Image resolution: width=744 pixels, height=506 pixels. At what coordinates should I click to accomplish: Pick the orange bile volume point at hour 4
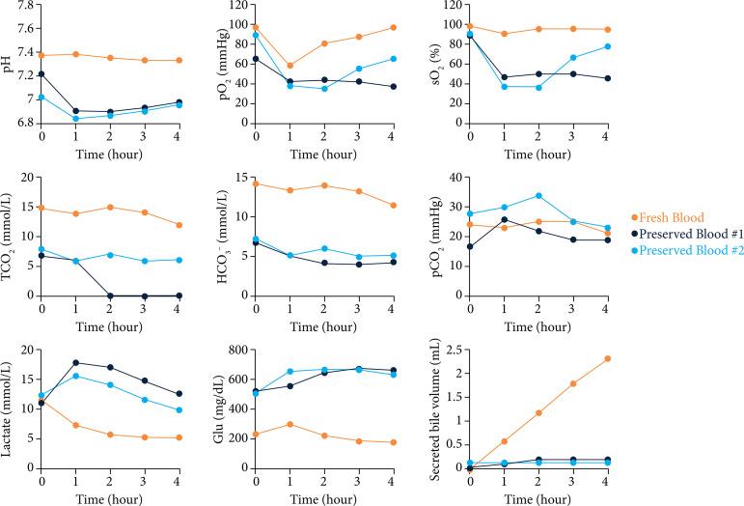coord(606,358)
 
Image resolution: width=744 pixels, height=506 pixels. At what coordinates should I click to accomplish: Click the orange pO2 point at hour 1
coord(289,66)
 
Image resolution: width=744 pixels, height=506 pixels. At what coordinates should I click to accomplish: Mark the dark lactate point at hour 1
coord(75,363)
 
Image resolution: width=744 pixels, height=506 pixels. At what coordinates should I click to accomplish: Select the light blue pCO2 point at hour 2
coord(537,196)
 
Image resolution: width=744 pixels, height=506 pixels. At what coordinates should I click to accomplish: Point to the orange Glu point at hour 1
coord(289,424)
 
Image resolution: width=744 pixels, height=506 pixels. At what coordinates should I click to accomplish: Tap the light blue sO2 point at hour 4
coord(606,46)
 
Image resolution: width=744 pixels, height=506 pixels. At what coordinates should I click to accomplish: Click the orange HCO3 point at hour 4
coord(392,205)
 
